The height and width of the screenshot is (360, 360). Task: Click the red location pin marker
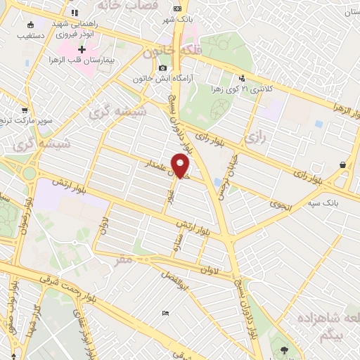coord(181,166)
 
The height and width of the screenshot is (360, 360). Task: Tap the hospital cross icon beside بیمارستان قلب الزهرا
coord(82,51)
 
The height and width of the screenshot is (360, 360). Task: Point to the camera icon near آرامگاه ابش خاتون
coord(163,68)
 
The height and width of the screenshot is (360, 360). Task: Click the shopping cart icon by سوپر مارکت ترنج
coord(25,111)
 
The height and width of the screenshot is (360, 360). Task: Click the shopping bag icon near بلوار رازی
coord(342,165)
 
